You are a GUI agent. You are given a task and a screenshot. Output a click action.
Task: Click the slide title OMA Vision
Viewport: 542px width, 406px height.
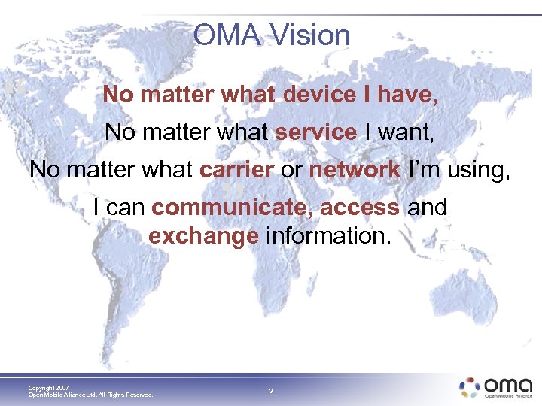coord(271,35)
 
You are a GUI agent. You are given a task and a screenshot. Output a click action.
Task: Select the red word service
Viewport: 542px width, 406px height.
coord(315,132)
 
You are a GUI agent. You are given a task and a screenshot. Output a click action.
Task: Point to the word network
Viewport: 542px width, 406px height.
coord(355,170)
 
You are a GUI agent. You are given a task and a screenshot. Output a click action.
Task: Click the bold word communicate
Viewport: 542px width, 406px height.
coord(231,207)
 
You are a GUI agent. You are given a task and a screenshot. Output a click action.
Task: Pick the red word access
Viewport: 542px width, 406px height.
coord(360,207)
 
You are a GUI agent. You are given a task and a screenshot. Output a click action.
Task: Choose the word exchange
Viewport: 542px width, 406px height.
coord(203,236)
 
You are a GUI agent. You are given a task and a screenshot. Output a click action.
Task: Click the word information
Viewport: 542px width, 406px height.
coord(328,236)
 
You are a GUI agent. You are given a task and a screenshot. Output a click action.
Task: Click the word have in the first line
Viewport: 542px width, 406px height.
coord(406,95)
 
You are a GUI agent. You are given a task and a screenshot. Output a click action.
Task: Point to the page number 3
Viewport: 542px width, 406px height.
coord(271,391)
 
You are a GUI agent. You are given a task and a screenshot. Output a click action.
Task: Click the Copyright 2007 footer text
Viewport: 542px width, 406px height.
coord(48,388)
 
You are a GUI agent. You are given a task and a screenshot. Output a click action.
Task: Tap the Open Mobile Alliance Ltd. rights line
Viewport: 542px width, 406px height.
coord(90,395)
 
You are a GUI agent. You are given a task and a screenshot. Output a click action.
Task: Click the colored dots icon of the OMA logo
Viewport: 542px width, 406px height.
coord(470,386)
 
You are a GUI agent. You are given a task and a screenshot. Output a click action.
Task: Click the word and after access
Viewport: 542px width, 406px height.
coord(427,207)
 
